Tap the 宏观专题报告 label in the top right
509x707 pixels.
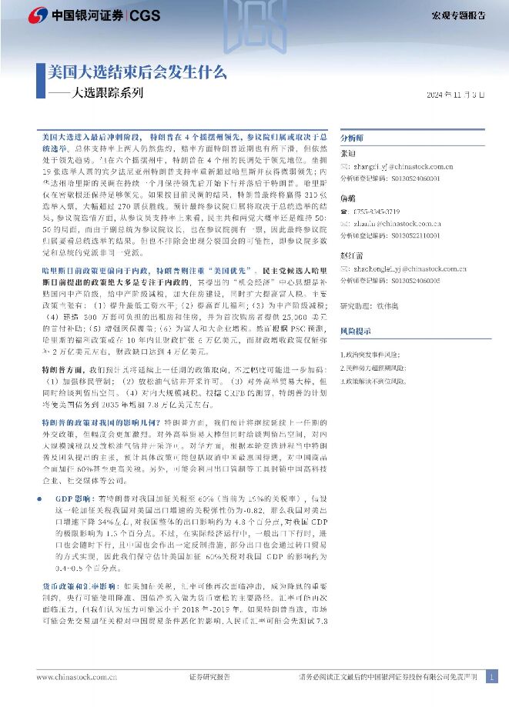458,15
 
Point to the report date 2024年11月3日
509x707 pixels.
456,95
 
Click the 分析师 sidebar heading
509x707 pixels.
353,132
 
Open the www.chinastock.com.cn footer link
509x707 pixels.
76,677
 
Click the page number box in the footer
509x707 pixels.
493,677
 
